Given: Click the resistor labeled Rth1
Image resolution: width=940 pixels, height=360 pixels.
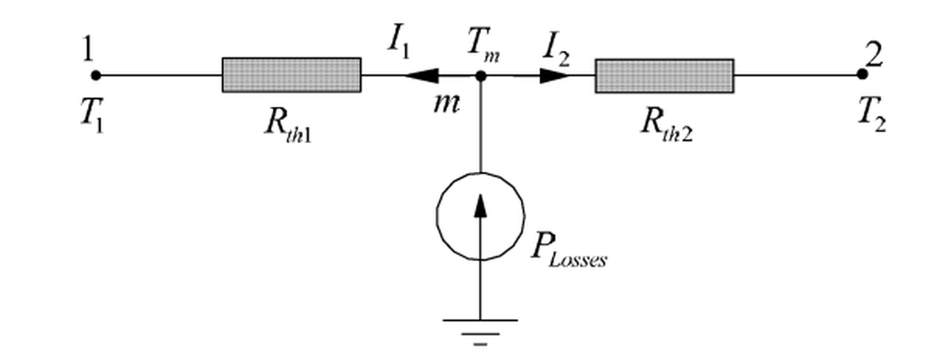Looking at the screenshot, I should (x=291, y=75).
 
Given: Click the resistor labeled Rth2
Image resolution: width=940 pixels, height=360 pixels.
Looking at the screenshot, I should (x=664, y=75).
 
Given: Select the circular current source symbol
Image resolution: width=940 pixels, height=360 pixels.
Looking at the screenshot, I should (x=480, y=216).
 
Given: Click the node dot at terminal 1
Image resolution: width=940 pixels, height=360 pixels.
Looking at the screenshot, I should (x=96, y=75).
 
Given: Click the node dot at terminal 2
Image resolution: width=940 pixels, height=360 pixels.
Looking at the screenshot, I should (x=862, y=75).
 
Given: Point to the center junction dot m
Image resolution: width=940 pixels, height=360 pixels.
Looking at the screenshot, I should (x=480, y=75).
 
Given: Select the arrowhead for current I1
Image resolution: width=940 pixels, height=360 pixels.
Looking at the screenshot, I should (x=421, y=75).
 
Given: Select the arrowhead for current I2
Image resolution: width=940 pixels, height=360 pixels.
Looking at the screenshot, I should (x=556, y=75).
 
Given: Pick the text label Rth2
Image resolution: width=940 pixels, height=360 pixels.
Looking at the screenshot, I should (x=665, y=130).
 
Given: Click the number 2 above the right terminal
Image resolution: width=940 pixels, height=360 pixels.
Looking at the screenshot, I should (x=874, y=55).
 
